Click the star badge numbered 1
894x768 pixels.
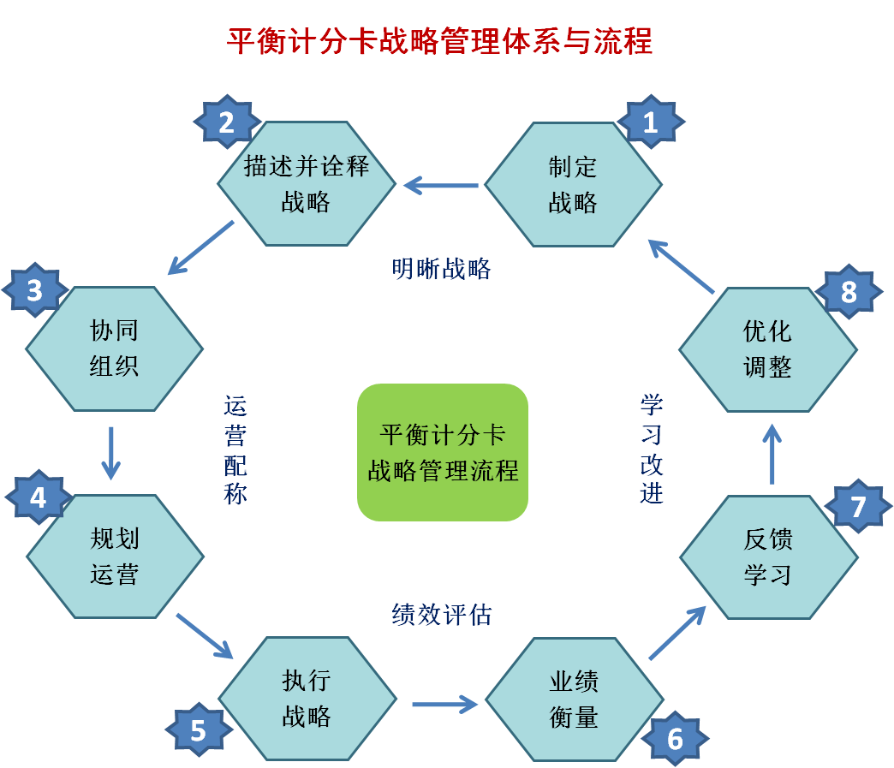tap(650, 123)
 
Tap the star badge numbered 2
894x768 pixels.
tap(226, 123)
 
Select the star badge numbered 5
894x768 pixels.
tap(199, 730)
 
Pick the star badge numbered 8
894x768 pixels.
tap(849, 292)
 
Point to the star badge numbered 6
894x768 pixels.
tap(675, 738)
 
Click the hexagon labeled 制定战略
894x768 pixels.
tap(573, 184)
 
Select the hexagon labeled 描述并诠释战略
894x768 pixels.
tap(307, 184)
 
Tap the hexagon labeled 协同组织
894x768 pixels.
tap(114, 348)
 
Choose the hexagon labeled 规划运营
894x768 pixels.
tap(115, 556)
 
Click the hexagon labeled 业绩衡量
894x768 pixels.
tap(574, 699)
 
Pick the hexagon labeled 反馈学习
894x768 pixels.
tap(768, 557)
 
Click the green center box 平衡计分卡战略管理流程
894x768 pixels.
tap(443, 452)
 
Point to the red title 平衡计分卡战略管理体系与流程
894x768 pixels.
tap(439, 41)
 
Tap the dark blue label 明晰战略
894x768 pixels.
tap(442, 270)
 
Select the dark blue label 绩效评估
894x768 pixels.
tap(442, 614)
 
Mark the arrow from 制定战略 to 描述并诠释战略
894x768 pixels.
tap(441, 184)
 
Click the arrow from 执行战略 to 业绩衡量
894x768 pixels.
tap(444, 705)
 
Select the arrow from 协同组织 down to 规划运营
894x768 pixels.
tap(110, 453)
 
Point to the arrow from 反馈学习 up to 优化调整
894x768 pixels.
tap(772, 454)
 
